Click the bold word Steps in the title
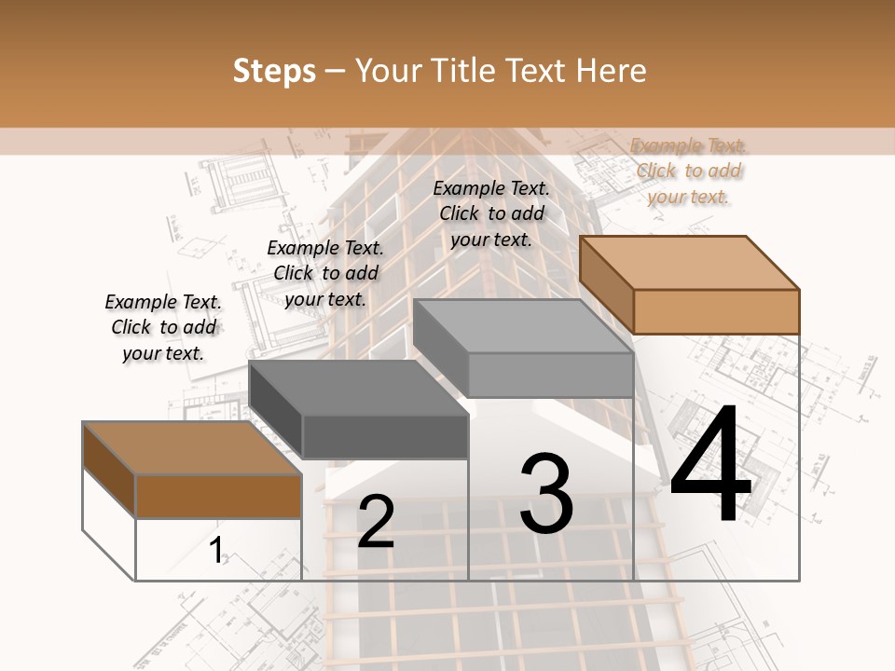pyautogui.click(x=274, y=71)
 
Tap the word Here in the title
pyautogui.click(x=612, y=71)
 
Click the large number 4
pyautogui.click(x=710, y=465)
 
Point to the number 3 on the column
pyautogui.click(x=546, y=494)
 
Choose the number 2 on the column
pyautogui.click(x=376, y=521)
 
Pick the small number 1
pyautogui.click(x=216, y=550)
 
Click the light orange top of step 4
pyautogui.click(x=688, y=262)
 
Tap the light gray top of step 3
pyautogui.click(x=523, y=325)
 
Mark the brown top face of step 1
pyautogui.click(x=192, y=448)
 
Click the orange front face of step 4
pyautogui.click(x=716, y=311)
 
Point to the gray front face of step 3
pyautogui.click(x=550, y=375)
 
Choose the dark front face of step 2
pyautogui.click(x=385, y=436)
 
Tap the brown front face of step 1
pyautogui.click(x=218, y=496)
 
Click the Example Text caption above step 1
pyautogui.click(x=163, y=327)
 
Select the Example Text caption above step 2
pyautogui.click(x=325, y=273)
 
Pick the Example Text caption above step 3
pyautogui.click(x=491, y=213)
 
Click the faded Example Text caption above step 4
pyautogui.click(x=689, y=171)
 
